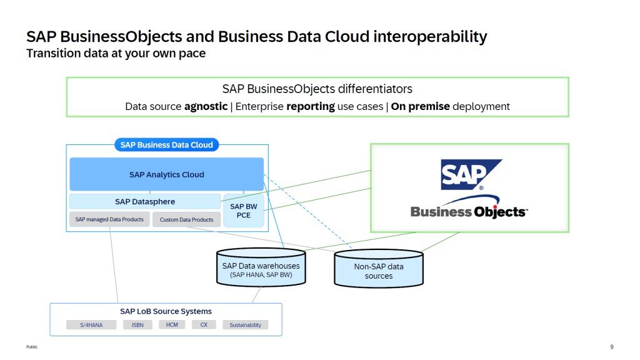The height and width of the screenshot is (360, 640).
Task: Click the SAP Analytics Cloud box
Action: tap(166, 174)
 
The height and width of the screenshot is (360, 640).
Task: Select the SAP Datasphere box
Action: tap(145, 201)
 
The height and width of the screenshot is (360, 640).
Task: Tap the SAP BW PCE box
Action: tap(244, 210)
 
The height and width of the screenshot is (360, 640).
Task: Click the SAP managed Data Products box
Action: tap(109, 219)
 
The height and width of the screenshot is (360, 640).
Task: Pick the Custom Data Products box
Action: tap(186, 219)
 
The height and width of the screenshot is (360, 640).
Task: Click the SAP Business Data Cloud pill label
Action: tap(166, 145)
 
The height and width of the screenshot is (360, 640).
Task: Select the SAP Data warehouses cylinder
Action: tap(261, 269)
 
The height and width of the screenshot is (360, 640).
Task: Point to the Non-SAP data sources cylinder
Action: tap(379, 271)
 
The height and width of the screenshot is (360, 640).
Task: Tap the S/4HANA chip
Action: tap(91, 325)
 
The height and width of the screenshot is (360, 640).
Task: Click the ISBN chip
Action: tap(137, 325)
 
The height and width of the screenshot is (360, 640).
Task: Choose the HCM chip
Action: tap(172, 325)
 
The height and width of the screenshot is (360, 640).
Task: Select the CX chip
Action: tap(204, 325)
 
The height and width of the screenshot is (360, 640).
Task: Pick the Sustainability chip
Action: tap(246, 325)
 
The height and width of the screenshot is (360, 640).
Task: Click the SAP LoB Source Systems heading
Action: tap(166, 311)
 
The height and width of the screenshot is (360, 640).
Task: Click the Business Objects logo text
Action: tap(469, 211)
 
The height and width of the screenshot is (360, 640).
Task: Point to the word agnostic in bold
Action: tap(206, 106)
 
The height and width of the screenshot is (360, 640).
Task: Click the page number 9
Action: tap(611, 347)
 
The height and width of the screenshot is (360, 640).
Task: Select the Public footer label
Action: tap(32, 347)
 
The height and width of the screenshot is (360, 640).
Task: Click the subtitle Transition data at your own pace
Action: tap(116, 54)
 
